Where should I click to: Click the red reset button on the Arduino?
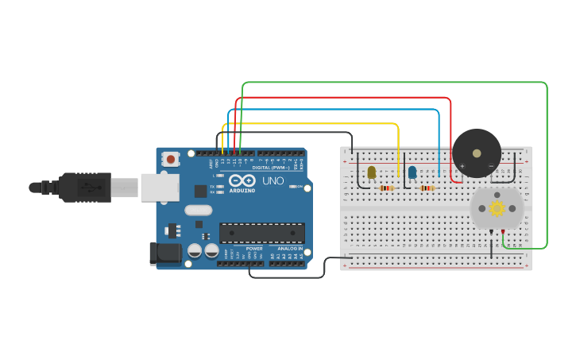[171, 160]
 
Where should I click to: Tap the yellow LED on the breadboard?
[371, 172]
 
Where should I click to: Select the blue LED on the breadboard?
[412, 172]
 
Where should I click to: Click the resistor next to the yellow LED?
[387, 188]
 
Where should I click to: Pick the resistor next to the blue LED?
[427, 188]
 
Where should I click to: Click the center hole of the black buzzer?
[477, 153]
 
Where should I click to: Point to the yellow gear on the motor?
[497, 208]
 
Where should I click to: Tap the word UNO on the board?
[273, 181]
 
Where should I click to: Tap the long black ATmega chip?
[262, 233]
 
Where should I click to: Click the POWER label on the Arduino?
[253, 249]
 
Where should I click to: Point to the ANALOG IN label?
[289, 249]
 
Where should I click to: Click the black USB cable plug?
[83, 188]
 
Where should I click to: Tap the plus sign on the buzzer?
[462, 166]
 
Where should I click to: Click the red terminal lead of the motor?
[503, 232]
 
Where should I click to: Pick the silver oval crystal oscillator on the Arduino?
[199, 211]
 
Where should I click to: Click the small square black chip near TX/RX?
[200, 191]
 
